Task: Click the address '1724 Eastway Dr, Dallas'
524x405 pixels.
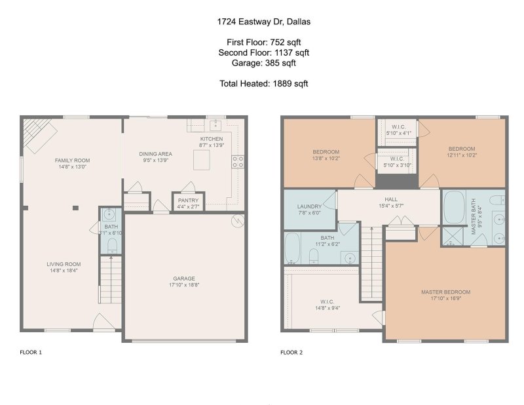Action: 263,22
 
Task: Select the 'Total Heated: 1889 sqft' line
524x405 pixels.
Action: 263,84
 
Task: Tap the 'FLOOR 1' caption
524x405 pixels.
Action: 31,353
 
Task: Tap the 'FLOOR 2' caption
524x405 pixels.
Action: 291,353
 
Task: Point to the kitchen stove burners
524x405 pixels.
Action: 238,162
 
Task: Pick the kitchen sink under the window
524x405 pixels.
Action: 214,125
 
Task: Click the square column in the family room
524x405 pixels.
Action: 76,208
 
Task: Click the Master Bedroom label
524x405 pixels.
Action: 445,292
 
